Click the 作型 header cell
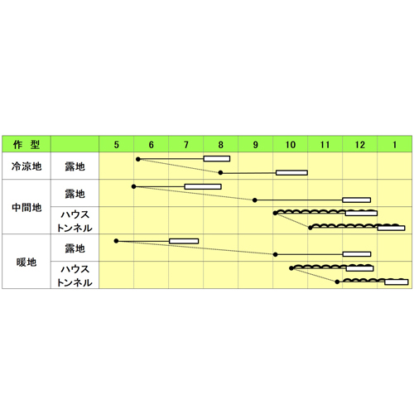tap(26, 144)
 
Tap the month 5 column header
tap(117, 145)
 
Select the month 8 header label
tap(220, 145)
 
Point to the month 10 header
tap(291, 145)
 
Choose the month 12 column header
tap(360, 145)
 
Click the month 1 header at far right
tap(395, 145)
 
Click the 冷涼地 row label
tap(26, 166)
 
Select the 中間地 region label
tap(26, 207)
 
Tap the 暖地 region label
tap(26, 262)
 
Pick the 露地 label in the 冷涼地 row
tap(75, 166)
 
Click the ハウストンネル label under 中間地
tap(75, 221)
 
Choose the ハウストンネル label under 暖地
tap(75, 276)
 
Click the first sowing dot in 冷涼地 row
tap(138, 159)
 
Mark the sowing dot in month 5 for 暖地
tap(116, 241)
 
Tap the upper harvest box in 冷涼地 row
tap(217, 159)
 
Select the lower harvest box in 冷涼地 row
tap(291, 173)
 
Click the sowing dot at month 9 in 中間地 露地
tap(255, 200)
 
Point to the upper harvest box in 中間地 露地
tap(203, 186)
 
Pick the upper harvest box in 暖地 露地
tap(184, 241)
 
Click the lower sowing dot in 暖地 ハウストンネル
tap(337, 282)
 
